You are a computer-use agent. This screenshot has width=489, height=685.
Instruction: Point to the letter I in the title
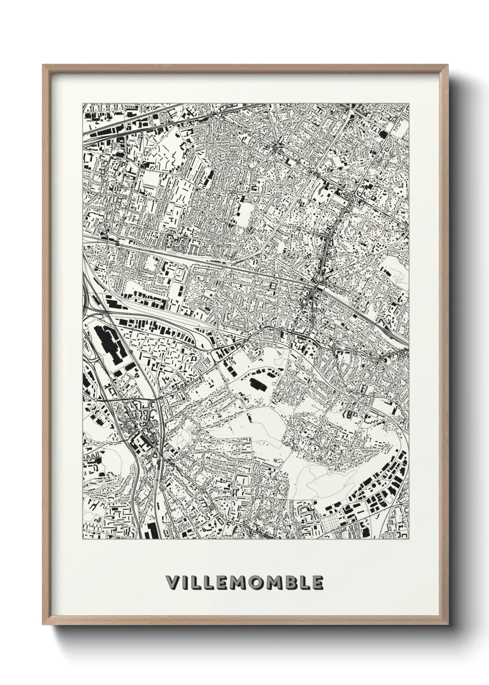click(184, 582)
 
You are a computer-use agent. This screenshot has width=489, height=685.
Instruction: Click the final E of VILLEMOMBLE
click(316, 582)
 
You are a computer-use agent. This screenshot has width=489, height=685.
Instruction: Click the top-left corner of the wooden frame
click(43, 65)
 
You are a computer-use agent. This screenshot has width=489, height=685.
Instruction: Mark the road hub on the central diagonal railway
click(316, 288)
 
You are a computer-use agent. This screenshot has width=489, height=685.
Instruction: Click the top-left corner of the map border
click(83, 103)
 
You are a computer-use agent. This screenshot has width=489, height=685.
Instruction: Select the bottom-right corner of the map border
click(409, 539)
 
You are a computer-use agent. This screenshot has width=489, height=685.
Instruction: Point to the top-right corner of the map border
click(409, 103)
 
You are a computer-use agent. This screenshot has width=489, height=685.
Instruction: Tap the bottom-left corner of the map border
click(83, 539)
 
